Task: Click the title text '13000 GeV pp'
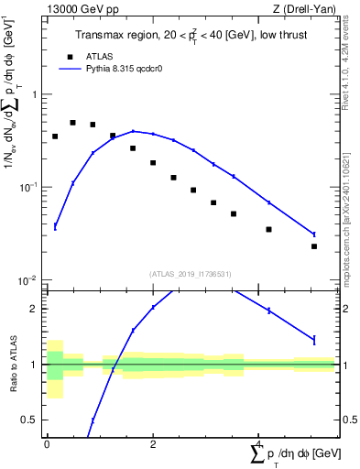[78, 9]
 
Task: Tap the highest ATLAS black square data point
[72, 123]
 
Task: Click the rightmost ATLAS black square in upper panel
[313, 246]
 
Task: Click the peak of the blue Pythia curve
[133, 131]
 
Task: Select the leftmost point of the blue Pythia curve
[55, 226]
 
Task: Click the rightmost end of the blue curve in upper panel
[313, 234]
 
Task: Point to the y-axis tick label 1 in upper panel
[35, 94]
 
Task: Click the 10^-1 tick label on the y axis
[30, 187]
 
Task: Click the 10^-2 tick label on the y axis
[30, 279]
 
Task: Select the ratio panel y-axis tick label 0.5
[31, 420]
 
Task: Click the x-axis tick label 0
[47, 442]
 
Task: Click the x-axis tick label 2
[152, 442]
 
